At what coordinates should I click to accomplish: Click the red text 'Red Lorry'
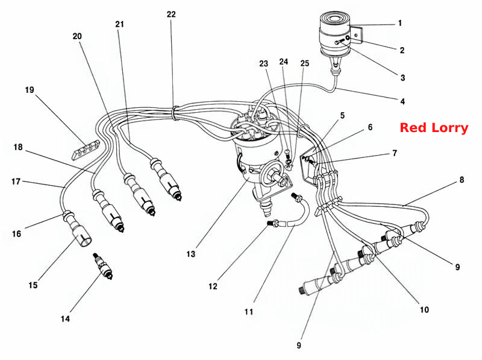[434, 128]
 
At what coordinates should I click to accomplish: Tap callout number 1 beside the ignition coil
[400, 23]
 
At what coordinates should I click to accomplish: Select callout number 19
[30, 90]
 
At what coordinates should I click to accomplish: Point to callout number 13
[190, 254]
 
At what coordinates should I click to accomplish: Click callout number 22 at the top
[171, 14]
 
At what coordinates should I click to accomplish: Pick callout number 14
[65, 319]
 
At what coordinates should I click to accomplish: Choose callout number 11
[249, 312]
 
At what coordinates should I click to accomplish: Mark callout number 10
[424, 309]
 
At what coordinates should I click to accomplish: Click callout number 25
[305, 63]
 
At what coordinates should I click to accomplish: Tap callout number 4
[402, 101]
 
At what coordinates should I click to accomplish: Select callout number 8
[462, 180]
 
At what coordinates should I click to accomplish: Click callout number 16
[17, 234]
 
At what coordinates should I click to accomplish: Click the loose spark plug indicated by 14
[103, 266]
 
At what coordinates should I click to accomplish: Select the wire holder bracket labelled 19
[86, 150]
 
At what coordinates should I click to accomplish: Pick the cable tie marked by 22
[176, 113]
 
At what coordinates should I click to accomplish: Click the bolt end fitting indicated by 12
[273, 223]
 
